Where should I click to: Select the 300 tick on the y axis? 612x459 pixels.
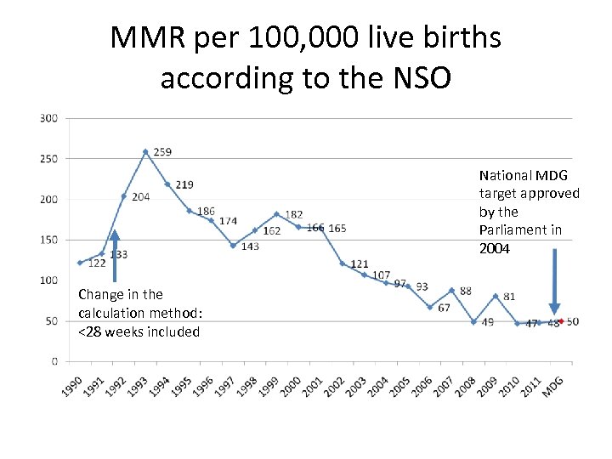click(x=48, y=118)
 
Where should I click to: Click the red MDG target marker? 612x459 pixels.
click(x=560, y=321)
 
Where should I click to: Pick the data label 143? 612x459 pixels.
click(x=250, y=247)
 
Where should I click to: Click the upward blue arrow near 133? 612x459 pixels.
click(x=114, y=255)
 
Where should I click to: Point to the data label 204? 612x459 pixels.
click(x=140, y=197)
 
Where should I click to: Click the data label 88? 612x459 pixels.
click(x=465, y=292)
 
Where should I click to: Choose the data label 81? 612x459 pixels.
click(x=509, y=297)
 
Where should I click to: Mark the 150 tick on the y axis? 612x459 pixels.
click(x=48, y=240)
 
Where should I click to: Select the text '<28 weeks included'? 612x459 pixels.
click(x=139, y=331)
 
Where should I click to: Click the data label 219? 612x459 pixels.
click(x=184, y=184)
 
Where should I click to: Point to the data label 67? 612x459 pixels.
click(x=444, y=308)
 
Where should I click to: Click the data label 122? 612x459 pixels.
click(x=96, y=263)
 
